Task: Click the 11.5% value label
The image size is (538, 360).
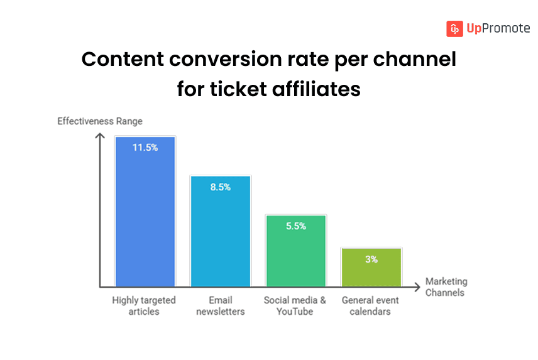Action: pyautogui.click(x=145, y=148)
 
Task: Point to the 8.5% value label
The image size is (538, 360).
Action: pyautogui.click(x=220, y=187)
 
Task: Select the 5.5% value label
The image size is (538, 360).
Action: pyautogui.click(x=295, y=226)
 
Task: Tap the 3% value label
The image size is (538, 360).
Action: pyautogui.click(x=371, y=259)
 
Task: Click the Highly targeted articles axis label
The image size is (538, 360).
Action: pyautogui.click(x=144, y=305)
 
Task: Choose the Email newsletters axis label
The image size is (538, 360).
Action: pyautogui.click(x=220, y=305)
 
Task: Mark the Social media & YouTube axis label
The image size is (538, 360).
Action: pyautogui.click(x=295, y=305)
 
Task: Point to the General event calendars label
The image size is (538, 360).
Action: pyautogui.click(x=371, y=305)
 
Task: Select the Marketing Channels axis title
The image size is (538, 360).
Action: pyautogui.click(x=446, y=287)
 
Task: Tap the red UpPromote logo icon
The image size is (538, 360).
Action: pyautogui.click(x=454, y=29)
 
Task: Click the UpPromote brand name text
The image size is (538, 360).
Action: pyautogui.click(x=498, y=29)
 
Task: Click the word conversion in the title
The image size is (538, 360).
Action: pyautogui.click(x=228, y=60)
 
